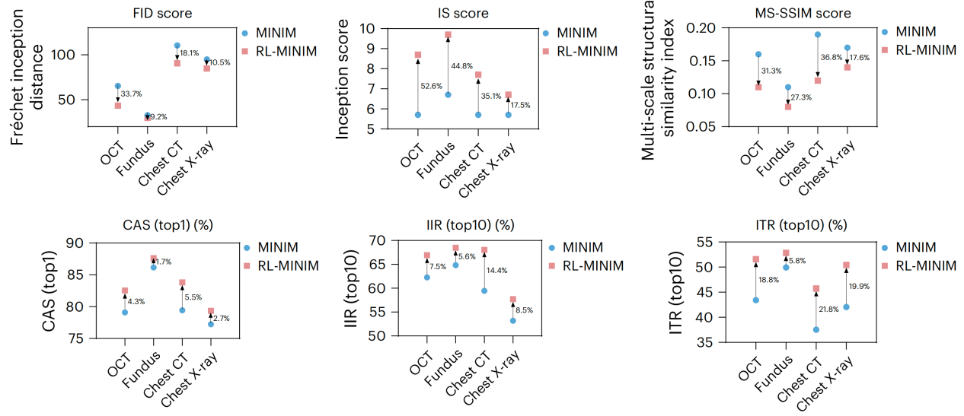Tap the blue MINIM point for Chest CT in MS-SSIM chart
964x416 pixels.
tap(818, 34)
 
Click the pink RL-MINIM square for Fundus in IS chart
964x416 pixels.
tap(448, 34)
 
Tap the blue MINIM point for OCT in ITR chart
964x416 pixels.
tap(755, 300)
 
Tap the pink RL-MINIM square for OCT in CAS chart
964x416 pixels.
tap(125, 291)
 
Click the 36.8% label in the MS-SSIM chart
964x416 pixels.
tap(832, 58)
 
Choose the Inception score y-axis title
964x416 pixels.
tap(344, 78)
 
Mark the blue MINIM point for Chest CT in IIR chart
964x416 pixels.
tap(484, 291)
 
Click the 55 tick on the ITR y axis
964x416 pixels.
tap(704, 243)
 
